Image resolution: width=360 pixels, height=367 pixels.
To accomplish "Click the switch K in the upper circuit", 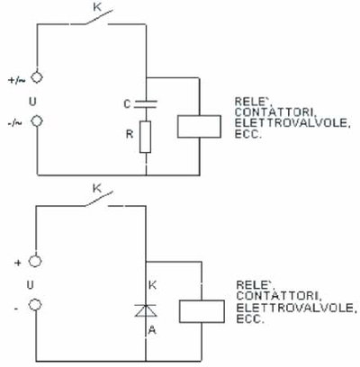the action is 99,17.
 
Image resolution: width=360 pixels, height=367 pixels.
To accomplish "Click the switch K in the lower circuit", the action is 99,199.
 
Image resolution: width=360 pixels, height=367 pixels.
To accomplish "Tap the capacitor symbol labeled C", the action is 146,104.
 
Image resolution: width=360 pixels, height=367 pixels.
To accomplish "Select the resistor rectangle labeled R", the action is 146,137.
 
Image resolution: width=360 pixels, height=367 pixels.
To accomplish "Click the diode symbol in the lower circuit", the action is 146,310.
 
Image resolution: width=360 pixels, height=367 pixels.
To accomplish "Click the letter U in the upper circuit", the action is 32,102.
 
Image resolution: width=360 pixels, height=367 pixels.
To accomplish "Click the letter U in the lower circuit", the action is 30,285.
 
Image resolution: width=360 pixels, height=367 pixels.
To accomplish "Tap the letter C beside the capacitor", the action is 127,104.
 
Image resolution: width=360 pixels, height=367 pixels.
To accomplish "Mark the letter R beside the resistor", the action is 130,134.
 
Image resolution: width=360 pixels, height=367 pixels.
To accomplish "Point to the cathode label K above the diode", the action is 152,285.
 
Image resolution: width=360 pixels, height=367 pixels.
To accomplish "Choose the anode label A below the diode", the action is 152,330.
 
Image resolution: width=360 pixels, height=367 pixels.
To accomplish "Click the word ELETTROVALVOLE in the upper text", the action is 292,123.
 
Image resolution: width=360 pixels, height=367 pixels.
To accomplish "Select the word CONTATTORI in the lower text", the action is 279,296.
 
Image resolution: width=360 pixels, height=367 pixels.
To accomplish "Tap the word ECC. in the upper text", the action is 247,134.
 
